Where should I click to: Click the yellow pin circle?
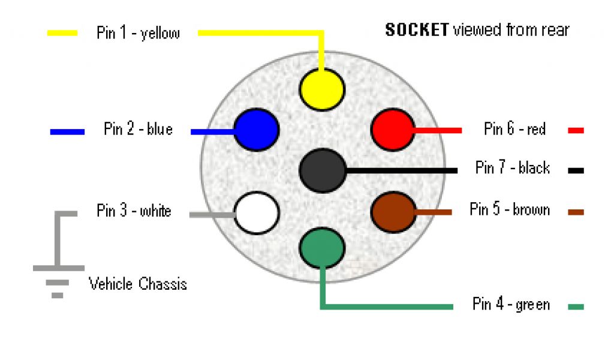(x=322, y=89)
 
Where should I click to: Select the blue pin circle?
(x=256, y=130)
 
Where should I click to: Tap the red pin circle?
(x=393, y=130)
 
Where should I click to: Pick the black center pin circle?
(x=323, y=170)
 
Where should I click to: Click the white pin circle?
(x=257, y=212)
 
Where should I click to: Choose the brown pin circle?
(x=393, y=211)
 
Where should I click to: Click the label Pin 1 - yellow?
(x=138, y=32)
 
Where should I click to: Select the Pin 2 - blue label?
(x=138, y=129)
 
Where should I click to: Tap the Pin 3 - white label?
(x=134, y=211)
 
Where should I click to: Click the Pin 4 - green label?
(x=511, y=304)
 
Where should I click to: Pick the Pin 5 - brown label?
(x=510, y=209)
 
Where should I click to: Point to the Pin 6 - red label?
(x=514, y=128)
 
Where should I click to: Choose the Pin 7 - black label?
(x=512, y=167)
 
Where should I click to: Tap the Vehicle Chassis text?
(x=138, y=283)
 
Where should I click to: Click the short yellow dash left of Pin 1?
(x=62, y=33)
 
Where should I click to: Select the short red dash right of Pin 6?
(x=576, y=130)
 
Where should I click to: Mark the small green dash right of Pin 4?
(x=576, y=307)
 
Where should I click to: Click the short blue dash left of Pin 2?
(x=67, y=131)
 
